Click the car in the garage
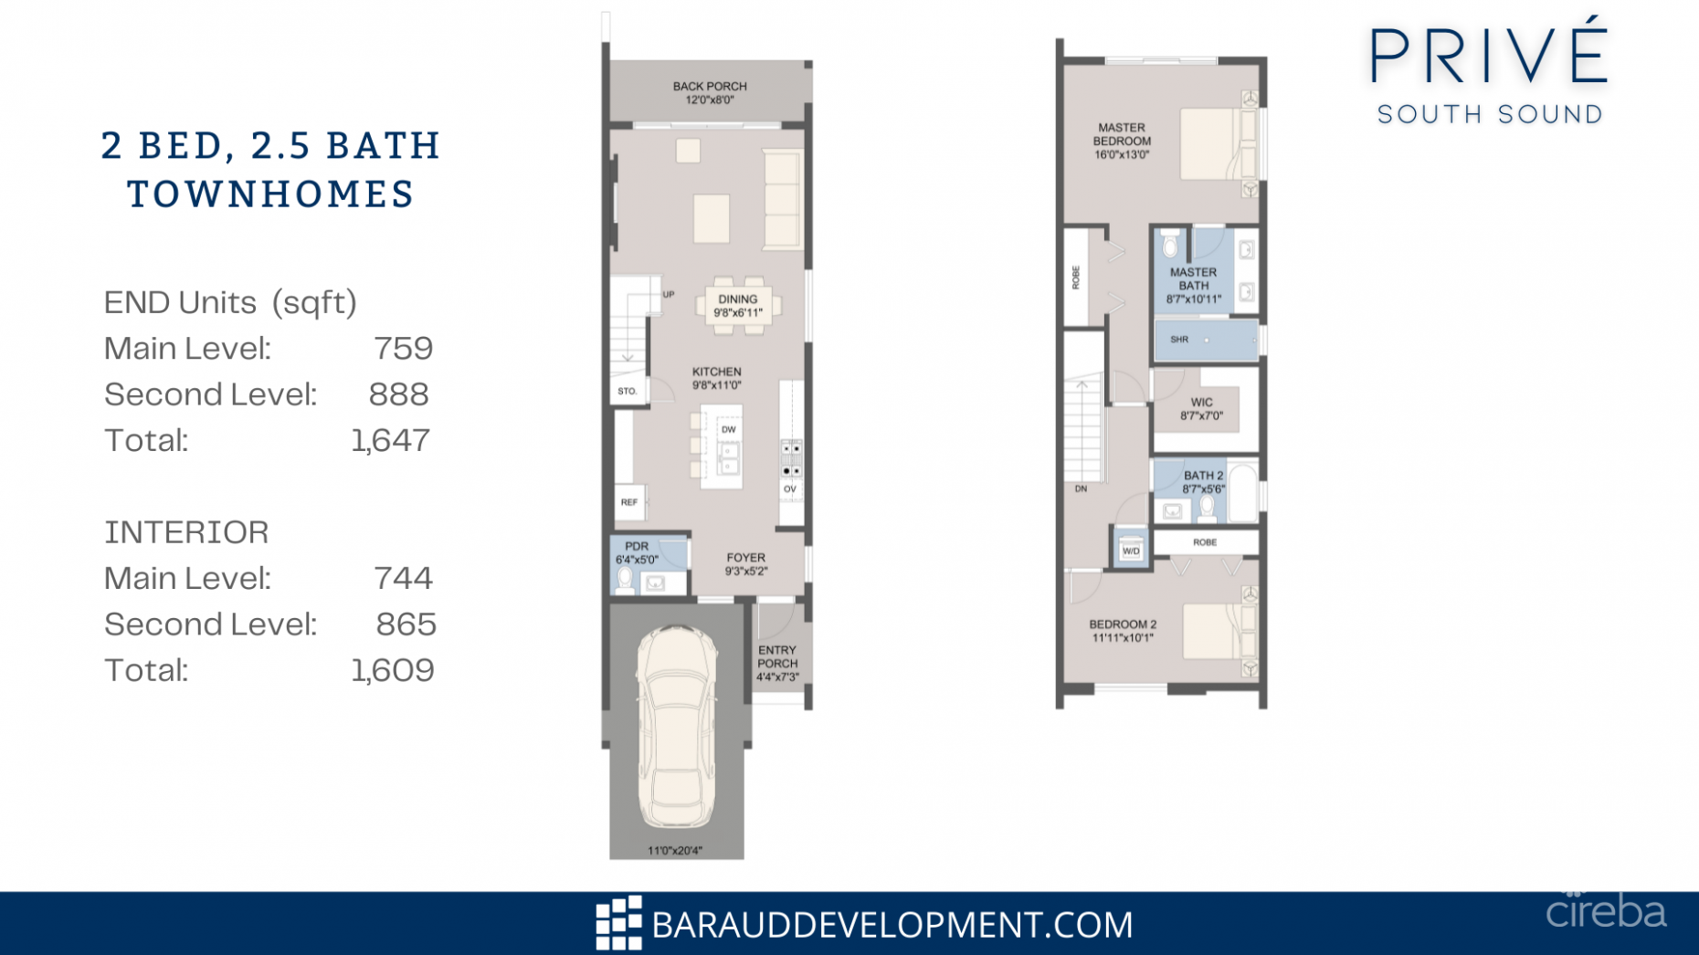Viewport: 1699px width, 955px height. [676, 726]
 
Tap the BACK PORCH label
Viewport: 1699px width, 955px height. [710, 93]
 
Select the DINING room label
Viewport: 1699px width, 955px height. [737, 306]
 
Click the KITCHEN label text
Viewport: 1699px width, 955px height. [716, 378]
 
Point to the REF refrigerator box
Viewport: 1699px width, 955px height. [629, 502]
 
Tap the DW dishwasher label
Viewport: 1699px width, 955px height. [728, 429]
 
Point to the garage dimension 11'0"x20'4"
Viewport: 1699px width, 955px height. [675, 851]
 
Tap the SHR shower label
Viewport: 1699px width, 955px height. [1179, 340]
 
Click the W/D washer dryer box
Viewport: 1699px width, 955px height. [1131, 551]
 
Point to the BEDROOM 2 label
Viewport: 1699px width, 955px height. [1123, 631]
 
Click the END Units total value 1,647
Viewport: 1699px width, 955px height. [391, 441]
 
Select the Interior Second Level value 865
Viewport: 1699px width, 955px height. [406, 624]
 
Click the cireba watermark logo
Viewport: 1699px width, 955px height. [1605, 911]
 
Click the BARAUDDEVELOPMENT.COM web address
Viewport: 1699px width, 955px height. [892, 925]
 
